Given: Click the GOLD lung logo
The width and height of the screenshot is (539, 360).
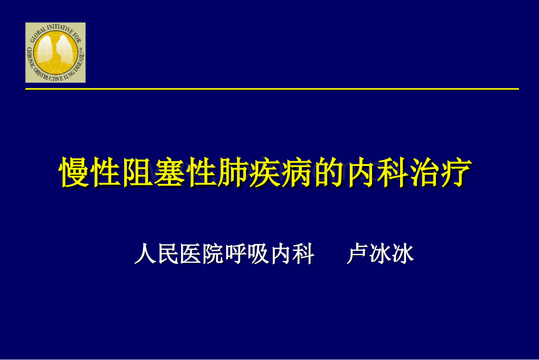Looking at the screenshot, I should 55,53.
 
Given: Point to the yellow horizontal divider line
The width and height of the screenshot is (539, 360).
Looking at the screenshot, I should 272,89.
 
